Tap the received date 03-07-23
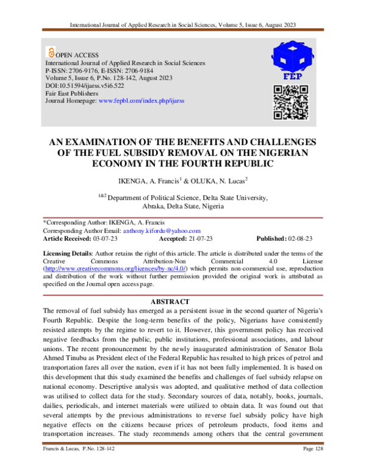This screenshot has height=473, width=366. [x=119, y=238]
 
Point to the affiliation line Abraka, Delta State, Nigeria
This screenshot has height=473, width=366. [x=183, y=207]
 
